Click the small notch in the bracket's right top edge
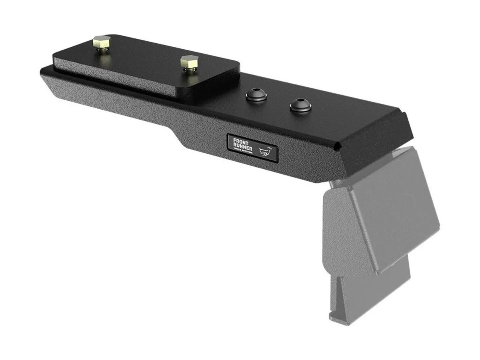[x=340, y=147]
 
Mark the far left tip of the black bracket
[x=42, y=72]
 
